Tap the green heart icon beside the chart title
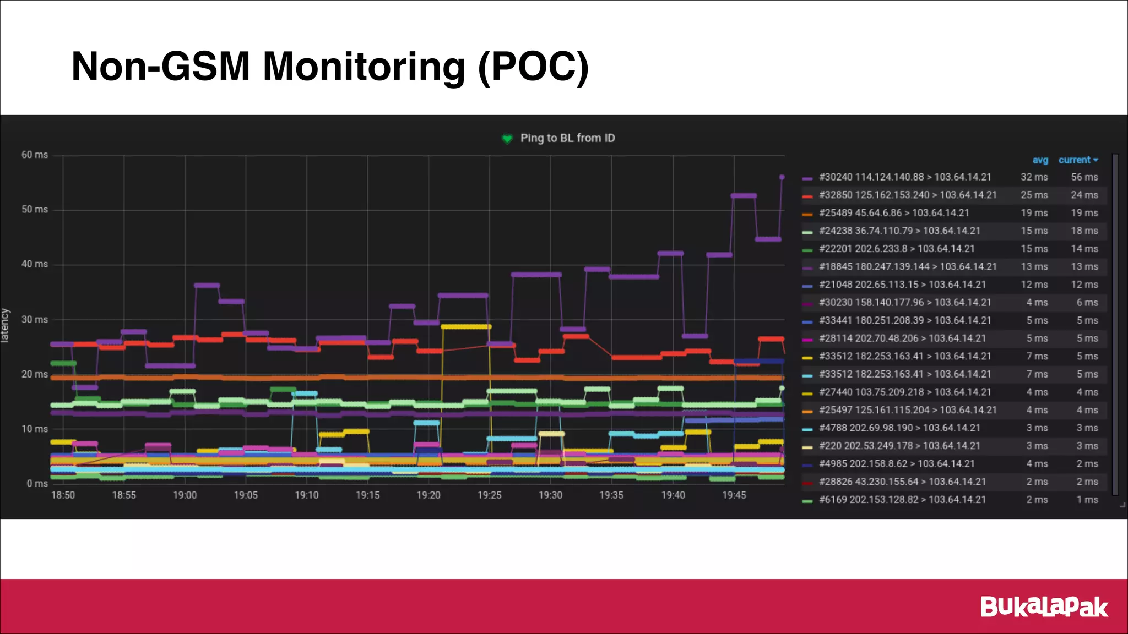507,139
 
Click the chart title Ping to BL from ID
567,138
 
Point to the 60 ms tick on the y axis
35,155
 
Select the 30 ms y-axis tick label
35,320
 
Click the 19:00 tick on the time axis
185,495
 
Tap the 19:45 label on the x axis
734,495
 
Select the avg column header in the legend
1040,160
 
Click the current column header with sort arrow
1078,160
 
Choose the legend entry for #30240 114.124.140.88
904,177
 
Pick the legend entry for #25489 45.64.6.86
893,213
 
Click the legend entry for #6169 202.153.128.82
902,500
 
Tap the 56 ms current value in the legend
1084,177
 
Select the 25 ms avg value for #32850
1034,195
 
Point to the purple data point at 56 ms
782,177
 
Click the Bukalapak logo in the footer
1044,607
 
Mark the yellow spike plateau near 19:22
465,327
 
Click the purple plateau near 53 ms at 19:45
744,196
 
